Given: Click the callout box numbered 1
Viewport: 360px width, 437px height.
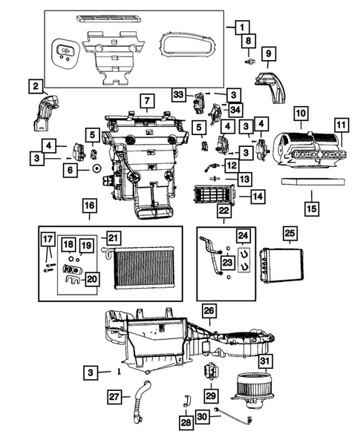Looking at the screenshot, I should [x=243, y=27].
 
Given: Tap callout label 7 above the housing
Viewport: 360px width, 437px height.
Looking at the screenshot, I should [x=147, y=100].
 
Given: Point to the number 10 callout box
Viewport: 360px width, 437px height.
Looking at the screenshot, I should [x=300, y=114].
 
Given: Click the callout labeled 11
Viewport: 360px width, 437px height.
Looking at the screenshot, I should [x=341, y=125].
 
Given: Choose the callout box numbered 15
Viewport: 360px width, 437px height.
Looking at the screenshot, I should [x=312, y=208].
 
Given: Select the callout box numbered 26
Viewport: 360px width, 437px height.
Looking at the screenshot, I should [x=209, y=309].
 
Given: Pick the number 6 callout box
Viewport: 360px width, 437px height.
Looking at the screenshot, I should [x=72, y=170].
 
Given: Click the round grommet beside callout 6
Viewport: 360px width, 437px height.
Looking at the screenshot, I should [x=96, y=170].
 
